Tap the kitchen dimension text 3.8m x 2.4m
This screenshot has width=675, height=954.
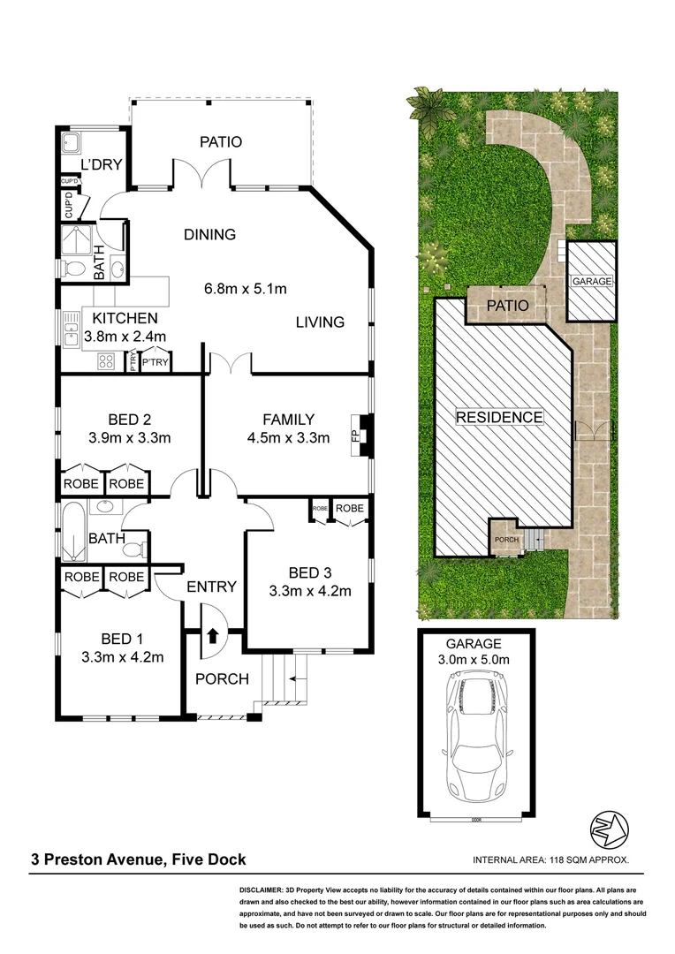(x=125, y=336)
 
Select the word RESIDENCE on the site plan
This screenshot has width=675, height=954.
(x=499, y=417)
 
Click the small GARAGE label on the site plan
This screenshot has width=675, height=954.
(x=592, y=281)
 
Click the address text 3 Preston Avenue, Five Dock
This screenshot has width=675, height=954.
(x=139, y=859)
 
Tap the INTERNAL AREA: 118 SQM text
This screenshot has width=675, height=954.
(x=551, y=859)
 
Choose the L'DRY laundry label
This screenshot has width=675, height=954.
(x=101, y=165)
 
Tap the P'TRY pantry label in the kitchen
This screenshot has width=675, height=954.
(x=155, y=362)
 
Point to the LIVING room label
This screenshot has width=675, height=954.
(x=320, y=322)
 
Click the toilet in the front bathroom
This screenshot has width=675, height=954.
(x=133, y=549)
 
